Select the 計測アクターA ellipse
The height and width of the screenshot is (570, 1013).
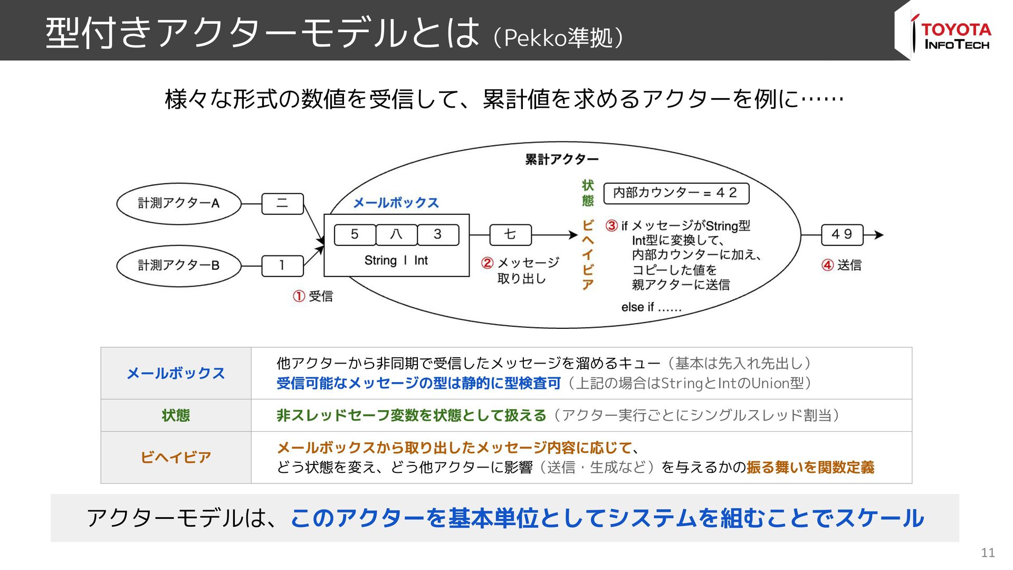178,203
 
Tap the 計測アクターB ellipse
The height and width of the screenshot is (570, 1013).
178,265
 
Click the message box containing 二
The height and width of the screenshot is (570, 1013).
283,204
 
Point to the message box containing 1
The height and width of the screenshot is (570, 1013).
283,265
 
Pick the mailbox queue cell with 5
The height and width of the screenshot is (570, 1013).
355,234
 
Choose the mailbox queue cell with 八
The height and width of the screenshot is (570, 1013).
396,234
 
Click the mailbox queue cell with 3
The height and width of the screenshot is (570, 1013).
438,234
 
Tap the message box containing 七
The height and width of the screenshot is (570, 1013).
510,234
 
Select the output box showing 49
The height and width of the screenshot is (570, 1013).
842,234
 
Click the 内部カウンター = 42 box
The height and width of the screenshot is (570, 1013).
676,193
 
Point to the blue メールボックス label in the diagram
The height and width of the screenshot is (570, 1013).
396,203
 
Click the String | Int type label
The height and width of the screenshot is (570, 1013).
396,261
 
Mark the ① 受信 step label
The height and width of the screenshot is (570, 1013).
313,296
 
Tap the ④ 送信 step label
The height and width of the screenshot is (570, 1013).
842,265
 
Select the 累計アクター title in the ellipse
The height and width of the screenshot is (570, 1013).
562,159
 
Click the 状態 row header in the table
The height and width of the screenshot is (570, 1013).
176,415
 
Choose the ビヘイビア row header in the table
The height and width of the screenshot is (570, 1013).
176,457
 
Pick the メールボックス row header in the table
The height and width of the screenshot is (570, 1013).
176,373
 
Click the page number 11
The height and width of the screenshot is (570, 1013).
988,553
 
